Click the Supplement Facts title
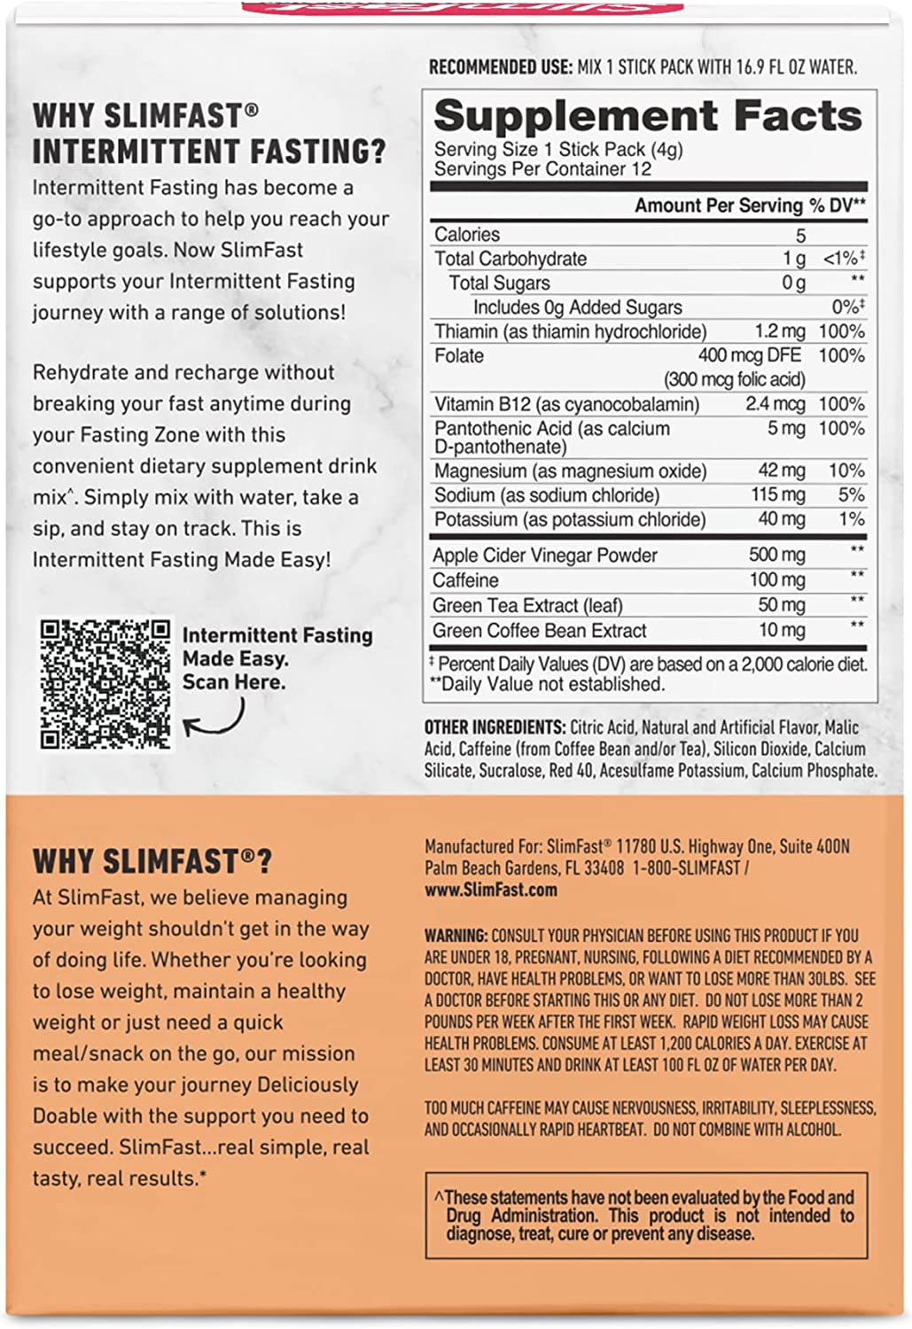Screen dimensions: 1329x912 tap(647, 116)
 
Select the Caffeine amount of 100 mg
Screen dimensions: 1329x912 tap(777, 580)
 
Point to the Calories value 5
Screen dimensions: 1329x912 tap(800, 235)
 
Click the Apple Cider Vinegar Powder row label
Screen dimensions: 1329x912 tap(545, 556)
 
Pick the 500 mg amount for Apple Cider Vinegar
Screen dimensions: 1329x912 tap(777, 556)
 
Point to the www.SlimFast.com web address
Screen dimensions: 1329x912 tap(491, 890)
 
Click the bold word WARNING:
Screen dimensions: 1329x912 tap(456, 936)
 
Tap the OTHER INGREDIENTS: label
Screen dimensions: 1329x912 tap(495, 727)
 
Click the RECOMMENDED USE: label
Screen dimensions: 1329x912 tap(499, 67)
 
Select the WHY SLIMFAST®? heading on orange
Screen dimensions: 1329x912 tap(152, 861)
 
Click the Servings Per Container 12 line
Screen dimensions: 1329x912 tap(542, 169)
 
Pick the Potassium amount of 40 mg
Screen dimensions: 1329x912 tap(781, 519)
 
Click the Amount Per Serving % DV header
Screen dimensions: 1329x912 tap(750, 206)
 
